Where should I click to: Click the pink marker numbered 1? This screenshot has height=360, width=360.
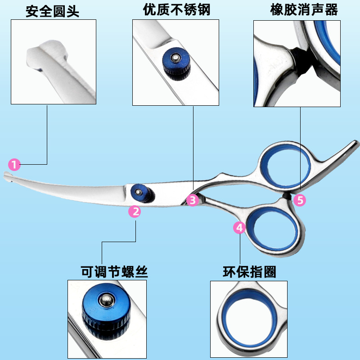tap(15, 165)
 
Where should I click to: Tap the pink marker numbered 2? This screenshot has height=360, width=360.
tap(135, 211)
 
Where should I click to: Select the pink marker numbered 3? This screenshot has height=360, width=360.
tap(193, 200)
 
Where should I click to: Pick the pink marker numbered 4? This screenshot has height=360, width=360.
tap(239, 228)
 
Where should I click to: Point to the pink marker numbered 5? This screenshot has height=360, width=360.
tap(300, 200)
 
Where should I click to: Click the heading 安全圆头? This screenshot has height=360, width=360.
tap(52, 11)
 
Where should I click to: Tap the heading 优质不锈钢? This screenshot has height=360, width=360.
tap(176, 10)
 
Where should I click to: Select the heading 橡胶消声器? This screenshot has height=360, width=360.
tap(304, 10)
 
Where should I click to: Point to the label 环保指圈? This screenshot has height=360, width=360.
tap(249, 272)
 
